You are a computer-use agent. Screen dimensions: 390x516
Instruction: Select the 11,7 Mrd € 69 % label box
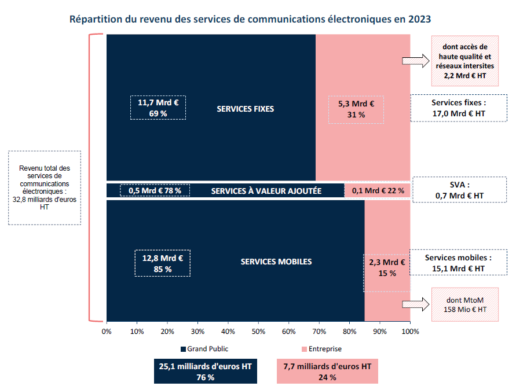[158, 108]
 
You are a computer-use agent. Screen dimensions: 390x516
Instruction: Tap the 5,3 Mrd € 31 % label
[356, 109]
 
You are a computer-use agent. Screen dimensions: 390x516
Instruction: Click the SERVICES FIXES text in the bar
[245, 109]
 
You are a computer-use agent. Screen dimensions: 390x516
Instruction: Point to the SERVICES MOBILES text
[276, 262]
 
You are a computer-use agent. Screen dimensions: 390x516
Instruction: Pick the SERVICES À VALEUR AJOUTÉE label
[266, 191]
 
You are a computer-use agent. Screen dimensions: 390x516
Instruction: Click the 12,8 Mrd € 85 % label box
[162, 264]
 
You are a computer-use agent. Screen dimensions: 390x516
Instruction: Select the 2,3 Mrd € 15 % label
[386, 267]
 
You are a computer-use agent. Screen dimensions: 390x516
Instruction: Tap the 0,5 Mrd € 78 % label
[155, 190]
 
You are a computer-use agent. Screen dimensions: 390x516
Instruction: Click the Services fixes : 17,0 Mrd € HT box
[458, 108]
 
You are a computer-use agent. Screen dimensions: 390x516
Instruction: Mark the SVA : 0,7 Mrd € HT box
[459, 190]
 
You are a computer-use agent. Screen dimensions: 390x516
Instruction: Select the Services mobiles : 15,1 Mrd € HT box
[458, 263]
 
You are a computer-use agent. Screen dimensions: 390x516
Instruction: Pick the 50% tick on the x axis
[258, 332]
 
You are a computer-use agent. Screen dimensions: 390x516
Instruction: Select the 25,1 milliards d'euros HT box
[206, 371]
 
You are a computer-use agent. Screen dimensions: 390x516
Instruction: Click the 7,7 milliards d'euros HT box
[327, 371]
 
